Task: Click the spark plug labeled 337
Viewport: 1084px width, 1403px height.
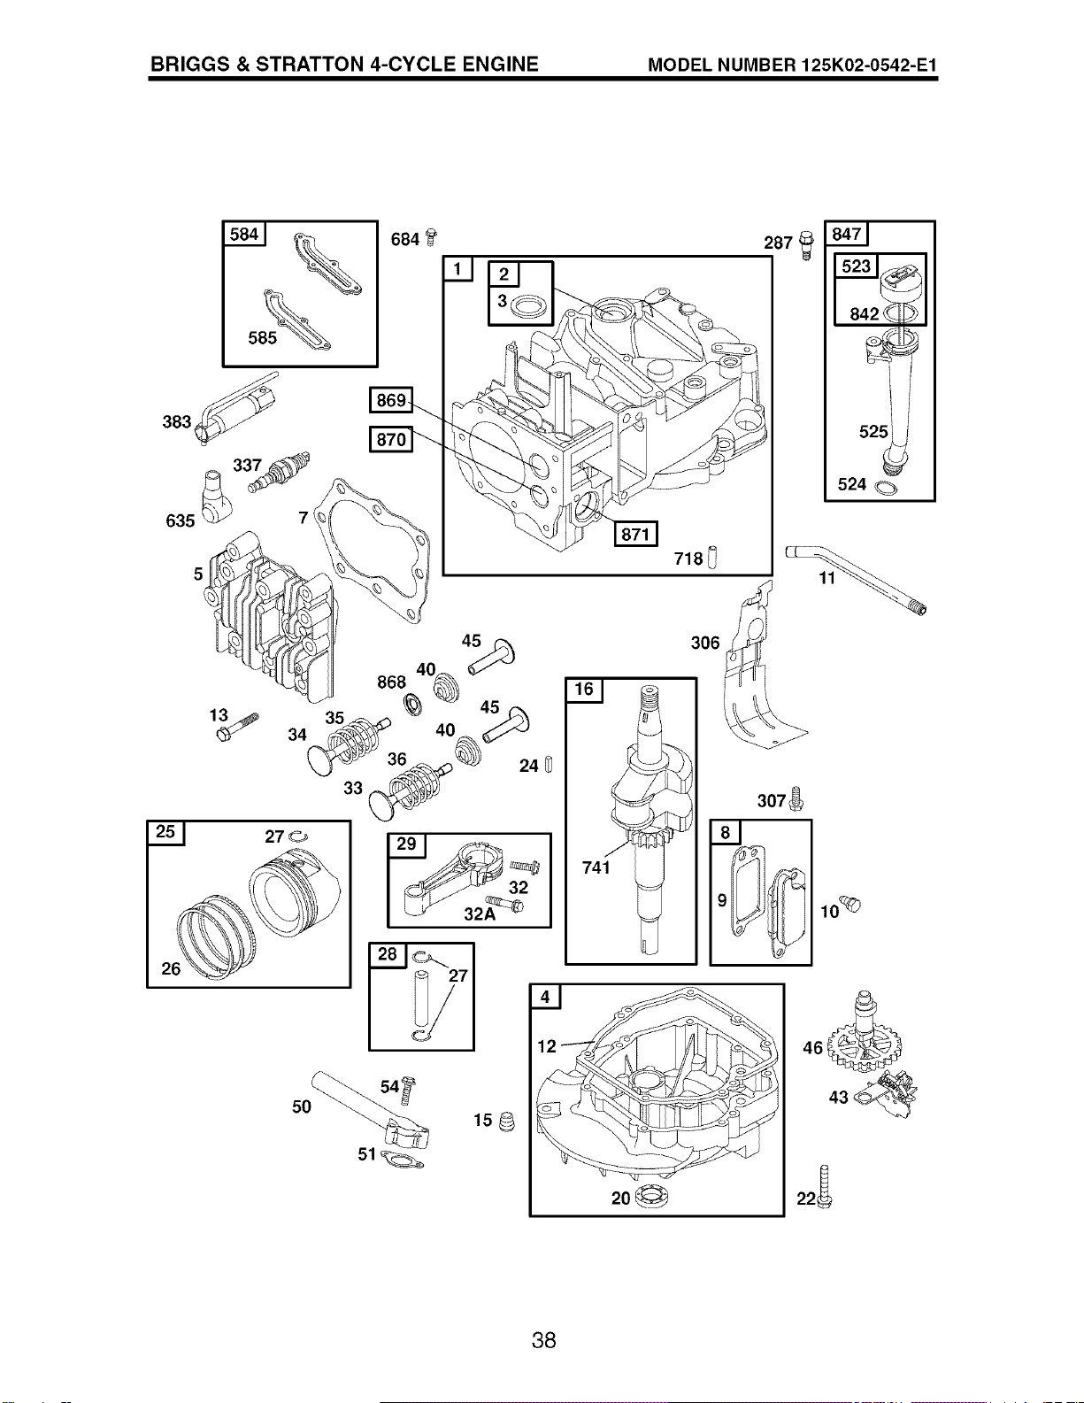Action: (282, 472)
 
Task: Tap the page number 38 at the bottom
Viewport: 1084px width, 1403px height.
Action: (544, 1341)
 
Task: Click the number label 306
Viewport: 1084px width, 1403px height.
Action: (704, 643)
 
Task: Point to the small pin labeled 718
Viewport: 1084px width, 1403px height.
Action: (712, 557)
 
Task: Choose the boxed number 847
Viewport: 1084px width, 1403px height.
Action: (847, 234)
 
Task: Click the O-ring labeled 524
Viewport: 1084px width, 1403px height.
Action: (885, 488)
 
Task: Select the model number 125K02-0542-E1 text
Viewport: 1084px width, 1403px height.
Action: (869, 66)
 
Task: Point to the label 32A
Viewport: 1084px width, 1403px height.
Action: (480, 914)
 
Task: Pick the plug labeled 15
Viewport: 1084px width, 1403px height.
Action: (508, 1122)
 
